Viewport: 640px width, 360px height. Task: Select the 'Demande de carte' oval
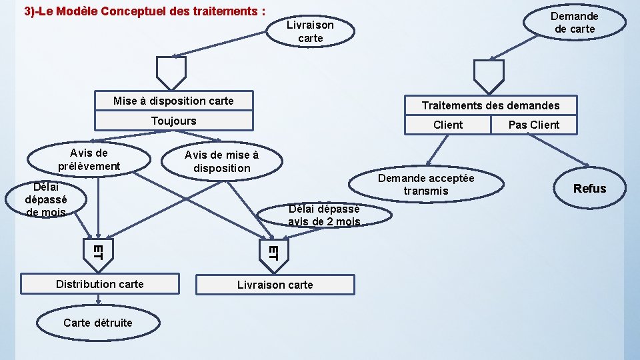point(575,22)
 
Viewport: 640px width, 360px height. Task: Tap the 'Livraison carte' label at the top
point(310,31)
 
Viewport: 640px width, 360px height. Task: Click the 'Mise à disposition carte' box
point(173,101)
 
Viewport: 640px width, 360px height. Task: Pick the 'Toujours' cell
point(173,121)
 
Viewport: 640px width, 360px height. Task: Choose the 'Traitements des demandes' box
point(490,105)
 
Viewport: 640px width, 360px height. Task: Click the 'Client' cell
point(447,125)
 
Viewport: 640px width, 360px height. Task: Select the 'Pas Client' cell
point(533,125)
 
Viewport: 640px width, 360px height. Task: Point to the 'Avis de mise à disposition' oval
point(221,161)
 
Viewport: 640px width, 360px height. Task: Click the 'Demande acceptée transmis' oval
point(426,185)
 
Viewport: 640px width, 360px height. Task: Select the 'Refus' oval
point(589,188)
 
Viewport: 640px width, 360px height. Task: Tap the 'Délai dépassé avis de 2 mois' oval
point(324,215)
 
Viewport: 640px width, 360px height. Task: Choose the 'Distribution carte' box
point(100,284)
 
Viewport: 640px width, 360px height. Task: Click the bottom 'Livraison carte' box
point(275,285)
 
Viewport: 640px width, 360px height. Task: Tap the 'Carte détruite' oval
point(98,323)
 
